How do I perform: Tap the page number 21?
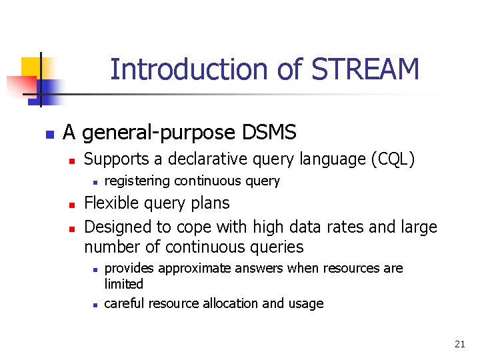coord(459,344)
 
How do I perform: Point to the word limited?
coord(123,283)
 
